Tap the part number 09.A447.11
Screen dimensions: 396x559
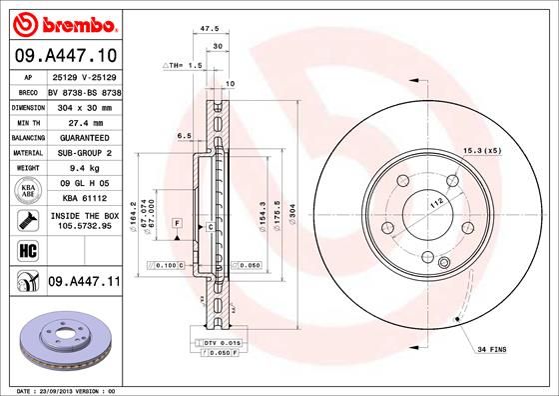(x=83, y=283)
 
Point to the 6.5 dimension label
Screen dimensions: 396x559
(x=184, y=135)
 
